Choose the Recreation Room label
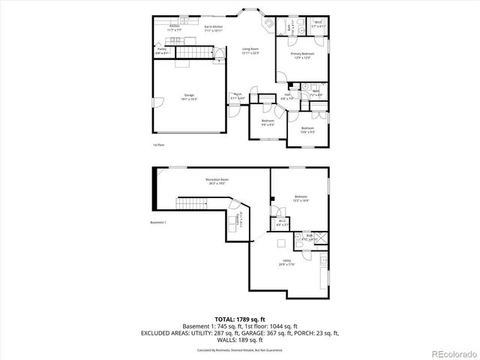click(217, 181)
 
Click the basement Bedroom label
click(301, 198)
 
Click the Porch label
click(237, 97)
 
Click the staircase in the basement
click(190, 204)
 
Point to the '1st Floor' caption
click(158, 144)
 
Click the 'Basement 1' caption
click(158, 223)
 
